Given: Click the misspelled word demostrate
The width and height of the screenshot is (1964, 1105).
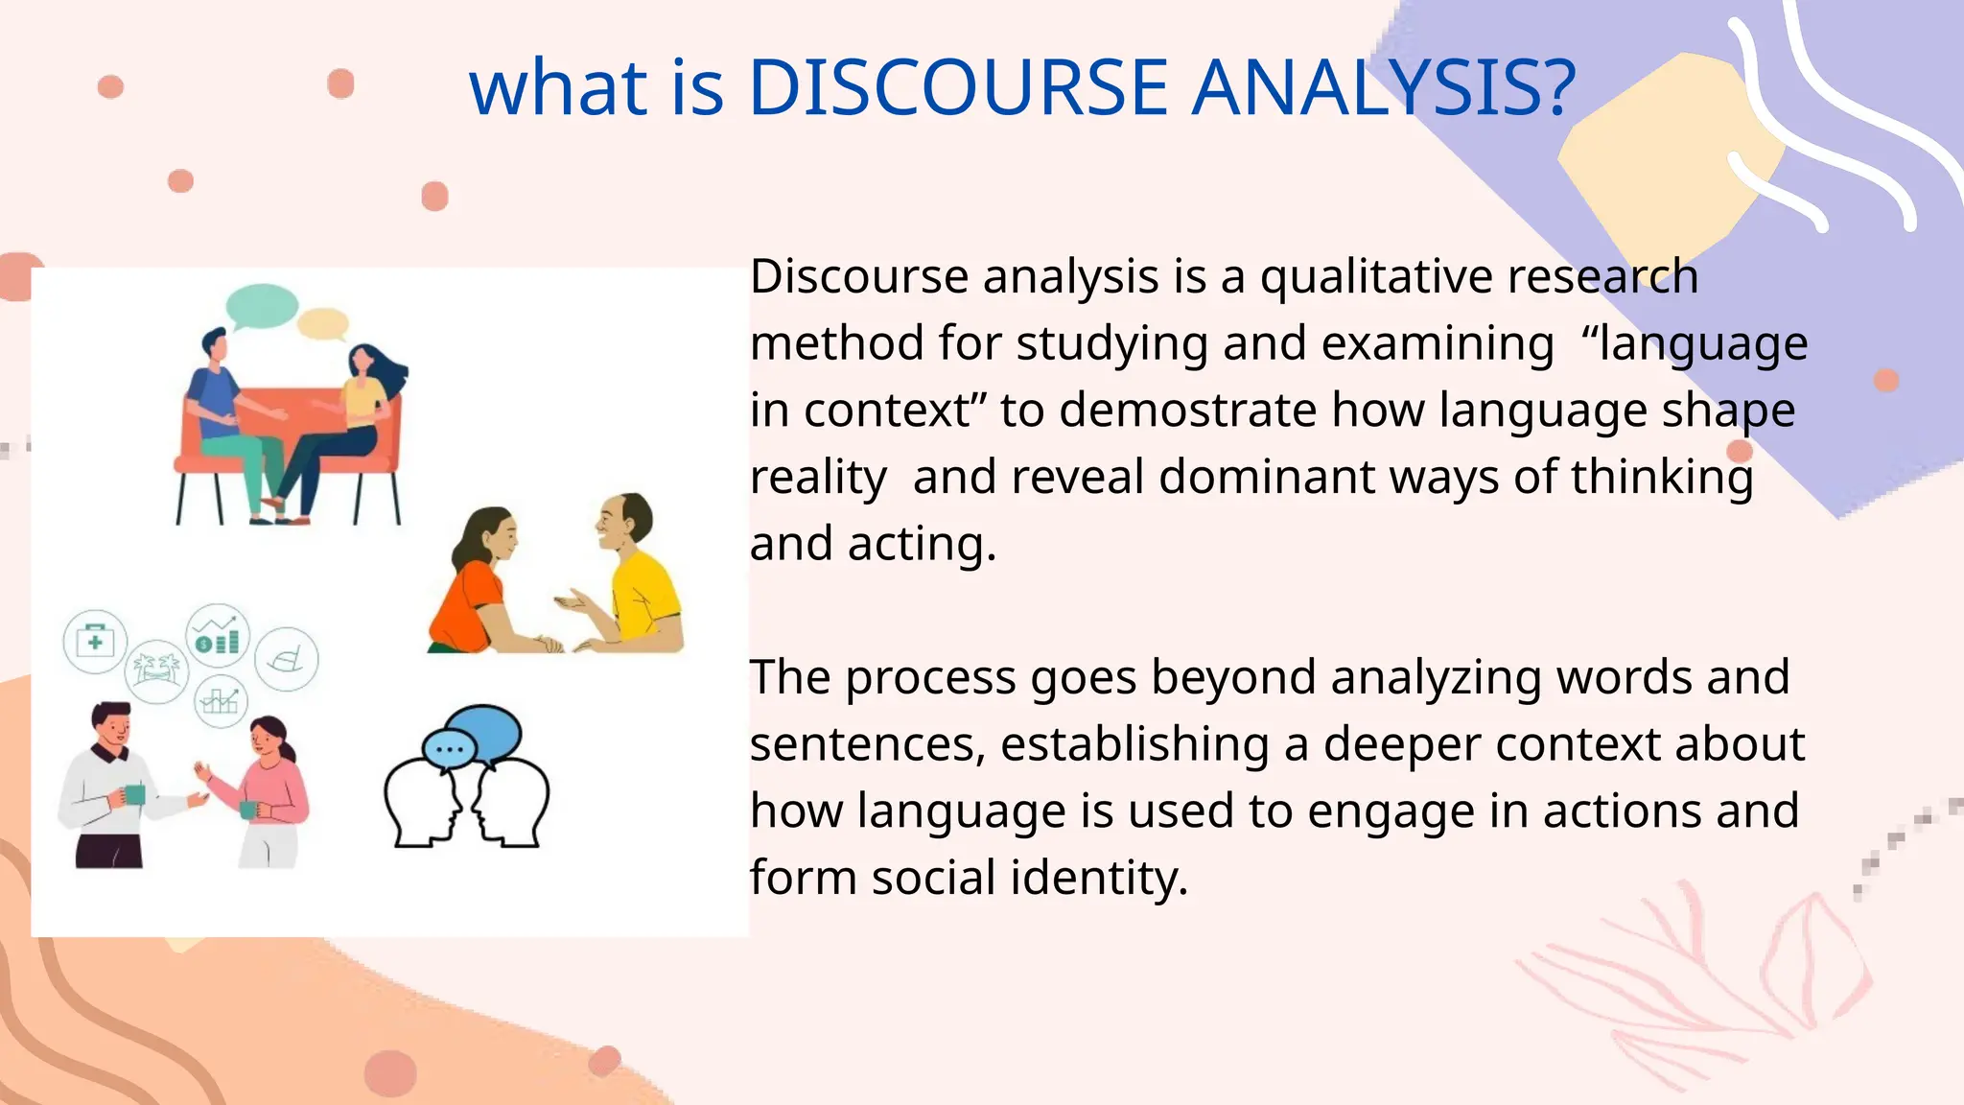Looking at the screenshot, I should tap(1187, 411).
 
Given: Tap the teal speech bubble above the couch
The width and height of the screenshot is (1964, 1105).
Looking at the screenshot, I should tap(262, 306).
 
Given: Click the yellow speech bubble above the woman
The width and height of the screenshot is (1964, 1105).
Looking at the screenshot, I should tap(322, 324).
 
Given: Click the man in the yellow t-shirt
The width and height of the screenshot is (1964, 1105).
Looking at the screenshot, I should tap(637, 576).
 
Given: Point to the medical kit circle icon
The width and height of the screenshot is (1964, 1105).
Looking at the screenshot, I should tap(95, 641).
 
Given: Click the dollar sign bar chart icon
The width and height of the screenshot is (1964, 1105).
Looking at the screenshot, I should tap(218, 635).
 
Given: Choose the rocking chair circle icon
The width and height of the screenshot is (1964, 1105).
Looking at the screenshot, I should tap(287, 659).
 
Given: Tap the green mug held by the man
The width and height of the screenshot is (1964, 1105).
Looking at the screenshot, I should tap(134, 794).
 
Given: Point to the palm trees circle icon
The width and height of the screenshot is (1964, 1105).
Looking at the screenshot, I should tap(157, 670).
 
